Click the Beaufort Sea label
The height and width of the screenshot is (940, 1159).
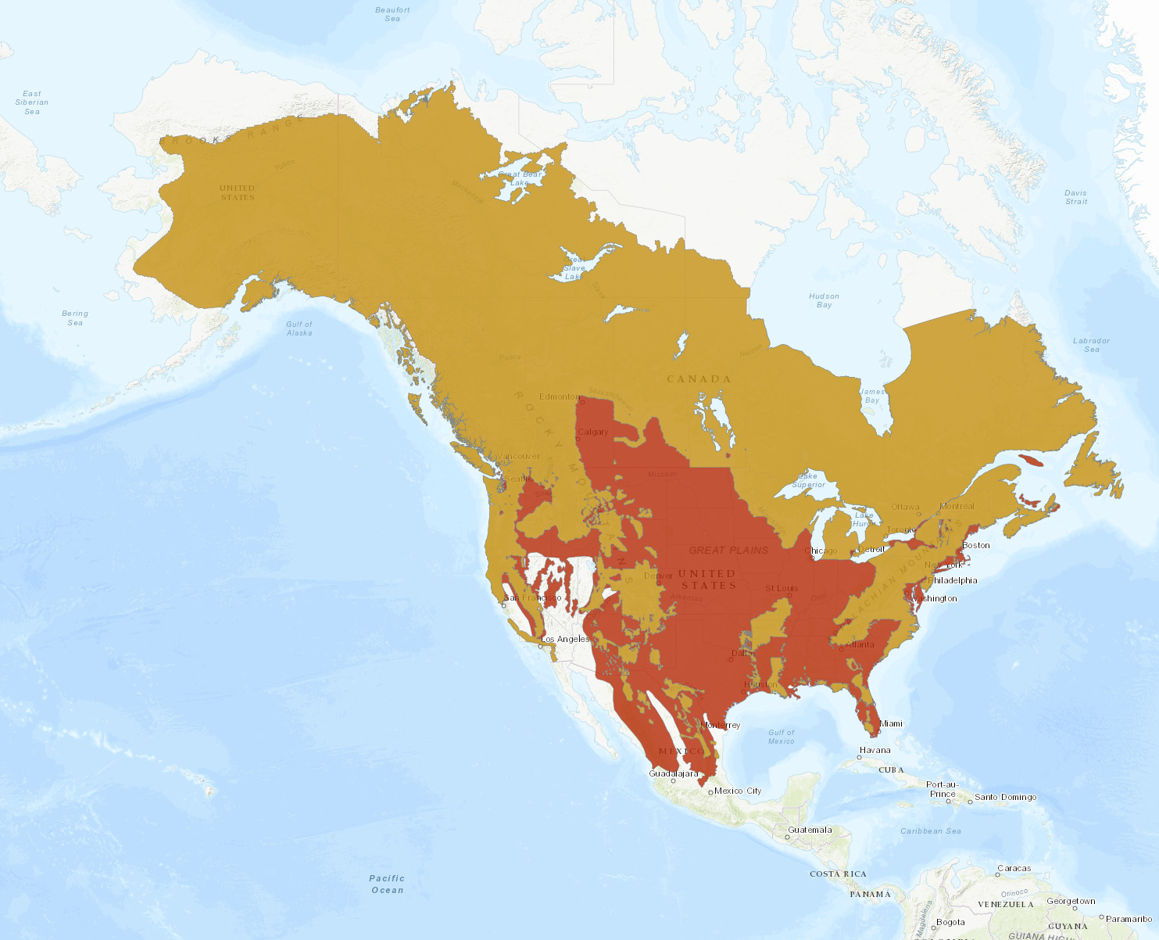[x=392, y=14]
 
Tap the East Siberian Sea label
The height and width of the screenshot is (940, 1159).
[x=32, y=102]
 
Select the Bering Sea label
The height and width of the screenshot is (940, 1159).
[x=75, y=318]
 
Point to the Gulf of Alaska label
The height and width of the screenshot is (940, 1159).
[x=299, y=328]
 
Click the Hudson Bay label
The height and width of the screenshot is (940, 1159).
[x=824, y=300]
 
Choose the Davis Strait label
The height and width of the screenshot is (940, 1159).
[x=1075, y=197]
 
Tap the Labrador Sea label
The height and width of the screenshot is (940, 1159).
[x=1091, y=345]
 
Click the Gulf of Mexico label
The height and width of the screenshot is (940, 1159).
[x=781, y=737]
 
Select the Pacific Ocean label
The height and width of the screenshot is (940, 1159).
[x=387, y=884]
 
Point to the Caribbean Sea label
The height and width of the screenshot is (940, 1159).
[x=931, y=831]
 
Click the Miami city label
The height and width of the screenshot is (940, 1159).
[x=890, y=723]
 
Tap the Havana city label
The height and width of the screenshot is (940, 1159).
[x=875, y=750]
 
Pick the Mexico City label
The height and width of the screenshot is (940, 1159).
[x=738, y=791]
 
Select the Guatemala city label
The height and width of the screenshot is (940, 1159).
[x=810, y=830]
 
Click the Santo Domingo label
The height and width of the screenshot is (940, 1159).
[x=1005, y=797]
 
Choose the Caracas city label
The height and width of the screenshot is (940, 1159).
[x=1014, y=868]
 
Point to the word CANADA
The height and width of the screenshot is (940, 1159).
[x=699, y=379]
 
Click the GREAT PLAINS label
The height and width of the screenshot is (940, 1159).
[x=728, y=550]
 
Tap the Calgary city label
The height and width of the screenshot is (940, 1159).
[x=592, y=432]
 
